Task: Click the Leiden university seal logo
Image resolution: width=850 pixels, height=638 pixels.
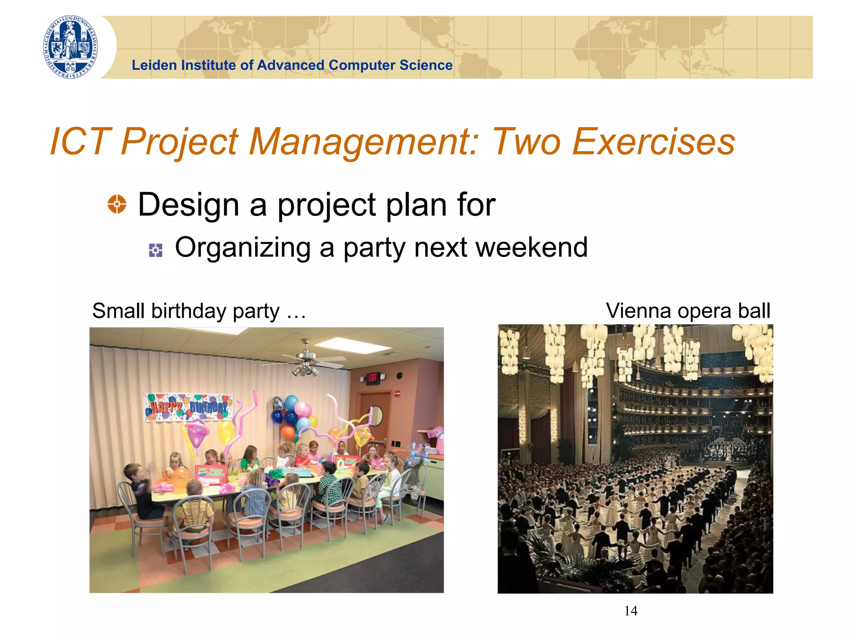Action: click(71, 47)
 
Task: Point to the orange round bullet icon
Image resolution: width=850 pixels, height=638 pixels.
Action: click(117, 204)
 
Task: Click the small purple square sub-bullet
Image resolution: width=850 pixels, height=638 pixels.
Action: click(156, 250)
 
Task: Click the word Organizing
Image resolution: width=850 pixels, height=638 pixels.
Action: click(243, 248)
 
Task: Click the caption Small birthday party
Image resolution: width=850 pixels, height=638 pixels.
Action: click(186, 311)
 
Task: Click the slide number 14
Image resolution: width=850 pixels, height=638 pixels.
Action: click(630, 611)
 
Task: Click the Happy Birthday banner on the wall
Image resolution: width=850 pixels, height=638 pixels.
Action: click(188, 407)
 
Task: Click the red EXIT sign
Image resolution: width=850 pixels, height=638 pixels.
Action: click(372, 378)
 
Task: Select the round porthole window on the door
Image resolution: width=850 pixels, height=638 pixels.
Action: click(376, 415)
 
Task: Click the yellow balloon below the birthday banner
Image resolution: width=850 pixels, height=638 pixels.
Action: click(226, 432)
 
